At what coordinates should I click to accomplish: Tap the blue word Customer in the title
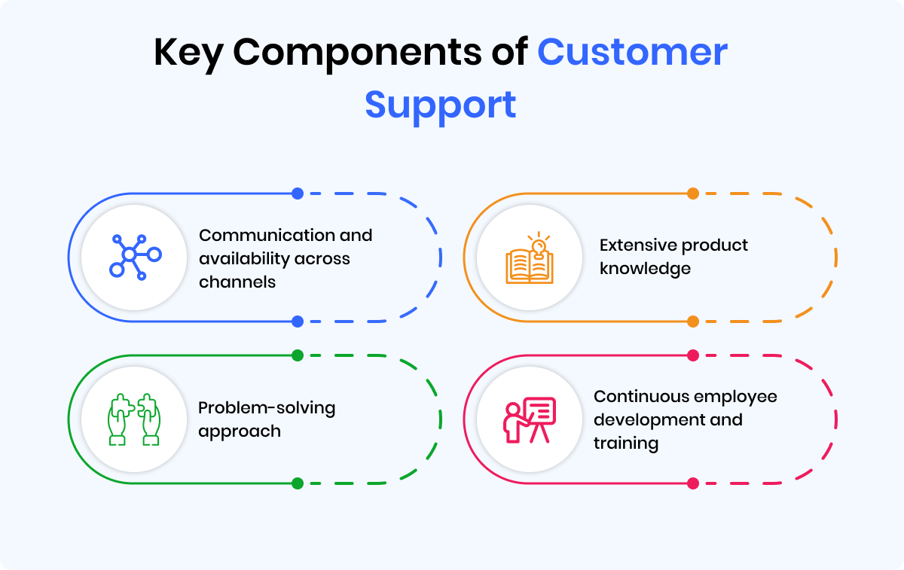633,53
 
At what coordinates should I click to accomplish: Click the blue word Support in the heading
441,105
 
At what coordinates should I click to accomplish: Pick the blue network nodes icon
134,257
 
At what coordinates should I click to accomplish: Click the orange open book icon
529,260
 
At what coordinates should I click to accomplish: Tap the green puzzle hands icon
134,419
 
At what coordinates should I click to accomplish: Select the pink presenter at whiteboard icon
529,419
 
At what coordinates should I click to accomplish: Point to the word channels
237,282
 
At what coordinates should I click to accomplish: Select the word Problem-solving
267,408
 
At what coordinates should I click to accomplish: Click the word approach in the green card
240,431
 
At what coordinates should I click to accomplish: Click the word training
625,443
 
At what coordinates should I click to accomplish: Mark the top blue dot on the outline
298,194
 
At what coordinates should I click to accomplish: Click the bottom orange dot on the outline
693,322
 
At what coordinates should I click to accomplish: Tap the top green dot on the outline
298,355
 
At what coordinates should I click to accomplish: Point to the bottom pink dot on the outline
693,483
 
